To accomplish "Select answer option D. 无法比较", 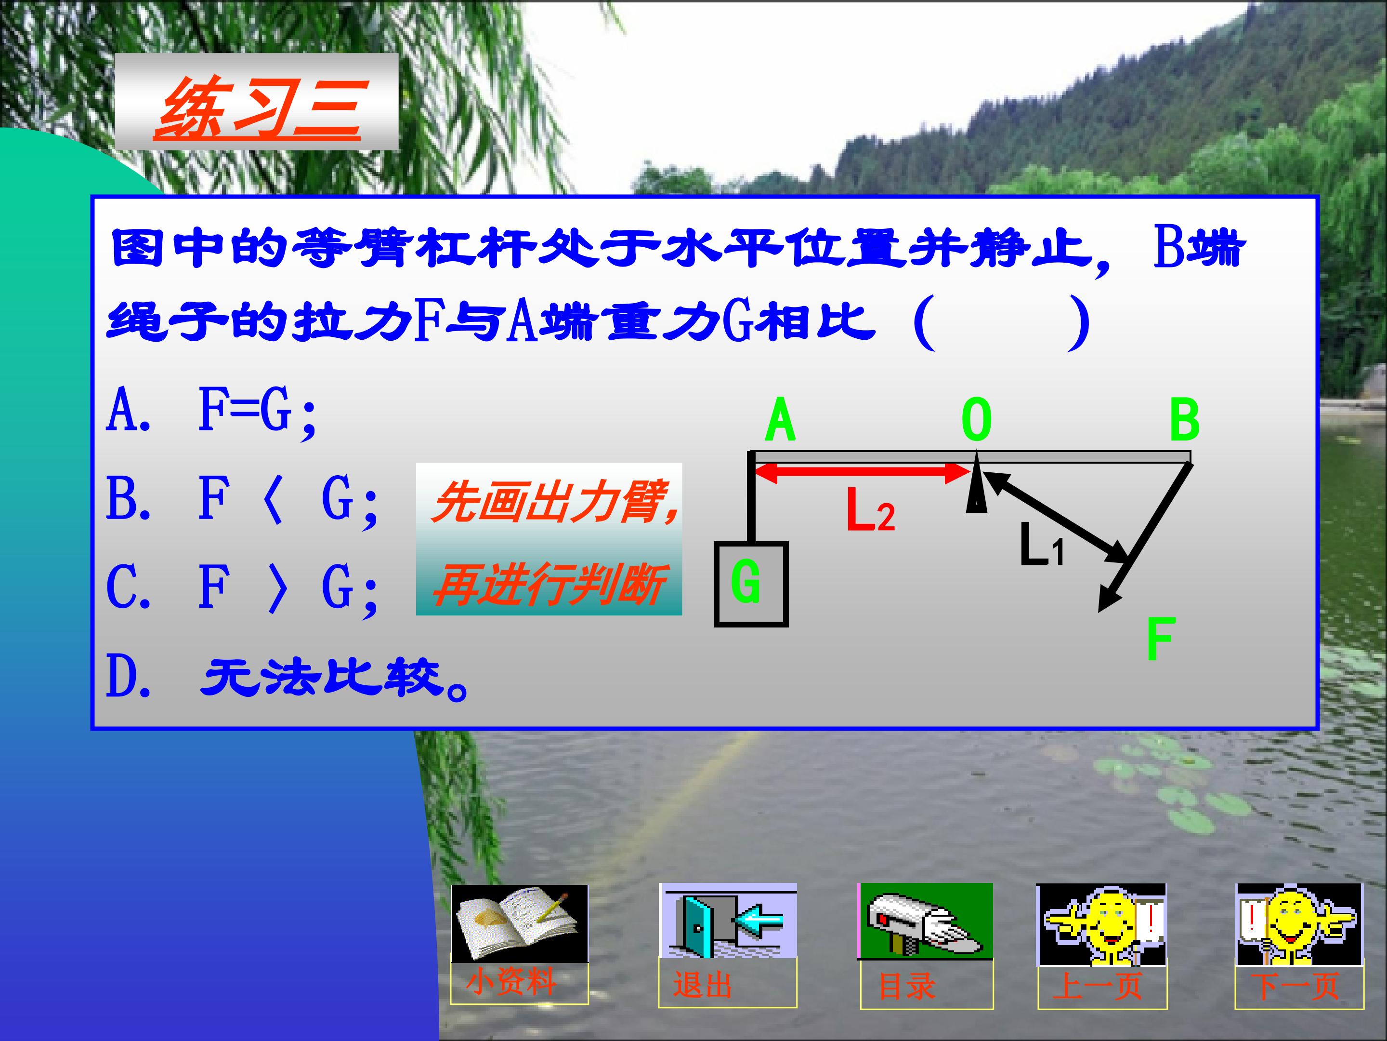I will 285,678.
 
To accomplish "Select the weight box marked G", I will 750,584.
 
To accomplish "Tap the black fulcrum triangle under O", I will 976,493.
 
